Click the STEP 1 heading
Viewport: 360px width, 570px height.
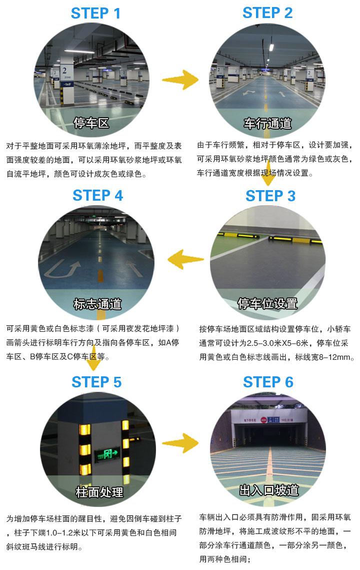[x=96, y=14]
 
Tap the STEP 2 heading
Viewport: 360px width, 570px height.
[x=267, y=13]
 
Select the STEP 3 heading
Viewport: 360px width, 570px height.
[x=270, y=196]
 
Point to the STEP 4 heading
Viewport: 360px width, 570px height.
[x=98, y=195]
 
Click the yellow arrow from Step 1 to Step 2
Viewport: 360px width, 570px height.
[x=180, y=80]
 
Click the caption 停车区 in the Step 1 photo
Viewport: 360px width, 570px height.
[x=91, y=123]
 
